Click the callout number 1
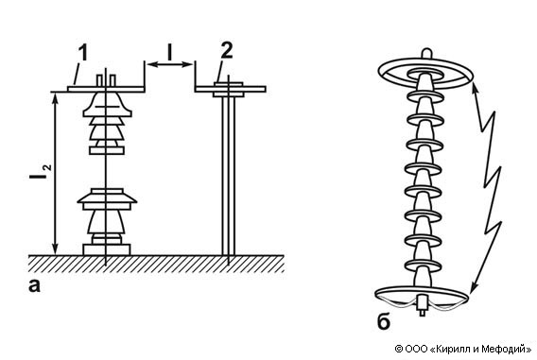click(83, 53)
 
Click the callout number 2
click(227, 50)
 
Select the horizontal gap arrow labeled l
click(170, 64)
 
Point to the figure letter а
click(34, 285)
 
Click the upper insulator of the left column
click(107, 123)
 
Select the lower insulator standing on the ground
click(107, 221)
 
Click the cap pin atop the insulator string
click(426, 54)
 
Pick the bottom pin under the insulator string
click(423, 306)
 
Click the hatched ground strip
click(156, 264)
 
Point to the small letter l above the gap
click(169, 52)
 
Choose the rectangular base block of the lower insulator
click(107, 249)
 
